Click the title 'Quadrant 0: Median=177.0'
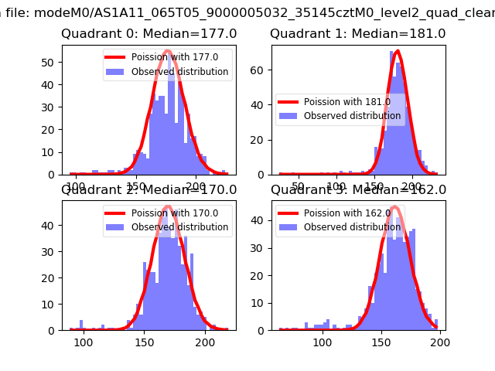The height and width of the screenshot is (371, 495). (x=149, y=34)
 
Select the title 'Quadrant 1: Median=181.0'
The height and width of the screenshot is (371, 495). (x=358, y=34)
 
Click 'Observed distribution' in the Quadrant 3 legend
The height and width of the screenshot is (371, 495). (x=353, y=227)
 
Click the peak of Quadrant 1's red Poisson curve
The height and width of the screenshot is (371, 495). (x=397, y=52)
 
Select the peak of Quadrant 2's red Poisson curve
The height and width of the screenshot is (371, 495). (x=167, y=207)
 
